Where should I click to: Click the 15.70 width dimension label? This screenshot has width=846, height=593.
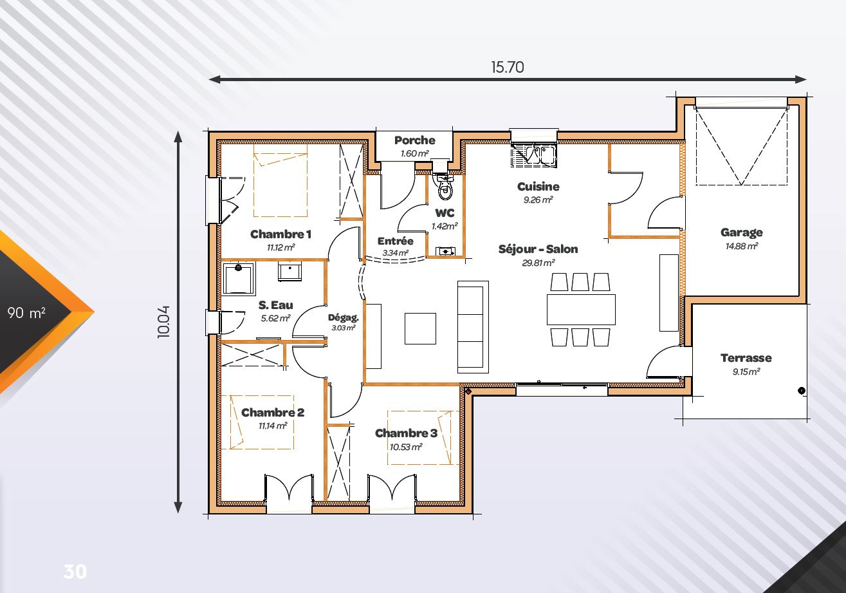click(507, 67)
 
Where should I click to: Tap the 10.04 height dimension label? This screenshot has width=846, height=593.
click(163, 322)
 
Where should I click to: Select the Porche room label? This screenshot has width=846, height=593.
click(415, 140)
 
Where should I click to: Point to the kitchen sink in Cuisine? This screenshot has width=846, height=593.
click(534, 155)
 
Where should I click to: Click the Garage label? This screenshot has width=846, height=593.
click(741, 232)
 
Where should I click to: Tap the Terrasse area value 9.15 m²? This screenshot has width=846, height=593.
click(746, 372)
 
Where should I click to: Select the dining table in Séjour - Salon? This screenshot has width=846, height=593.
click(581, 310)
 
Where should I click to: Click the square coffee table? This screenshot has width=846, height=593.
click(420, 328)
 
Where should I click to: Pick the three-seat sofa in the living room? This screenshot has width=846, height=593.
click(473, 327)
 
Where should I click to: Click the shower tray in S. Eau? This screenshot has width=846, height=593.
click(239, 279)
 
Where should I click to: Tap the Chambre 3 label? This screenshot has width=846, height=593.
click(406, 433)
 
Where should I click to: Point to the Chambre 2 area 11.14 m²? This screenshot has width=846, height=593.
click(273, 426)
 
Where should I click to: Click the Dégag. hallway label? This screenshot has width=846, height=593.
click(343, 317)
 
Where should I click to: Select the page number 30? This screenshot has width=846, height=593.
click(75, 572)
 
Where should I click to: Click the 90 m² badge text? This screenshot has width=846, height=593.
click(26, 312)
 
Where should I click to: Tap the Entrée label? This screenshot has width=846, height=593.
click(396, 241)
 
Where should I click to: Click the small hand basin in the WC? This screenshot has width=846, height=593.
click(446, 251)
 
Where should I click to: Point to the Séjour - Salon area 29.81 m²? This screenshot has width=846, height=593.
click(538, 263)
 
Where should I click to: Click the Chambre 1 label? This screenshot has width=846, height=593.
click(280, 234)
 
